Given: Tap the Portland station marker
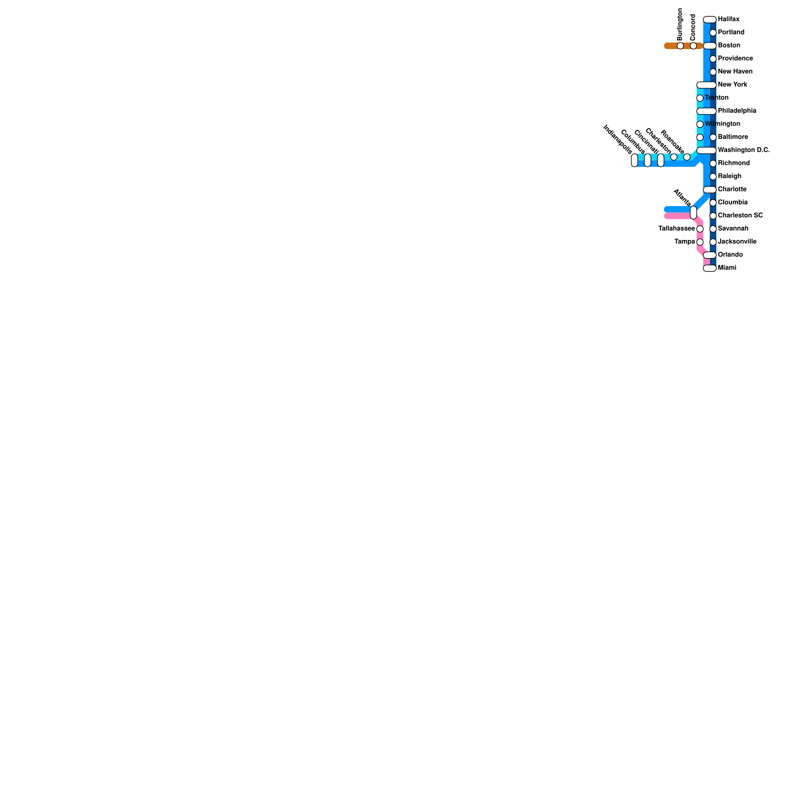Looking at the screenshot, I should tap(713, 33).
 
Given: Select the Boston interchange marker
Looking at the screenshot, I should tap(709, 46).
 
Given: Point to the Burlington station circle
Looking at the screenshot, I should tap(680, 46).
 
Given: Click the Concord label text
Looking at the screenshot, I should tap(693, 27).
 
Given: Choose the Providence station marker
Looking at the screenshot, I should tap(713, 59).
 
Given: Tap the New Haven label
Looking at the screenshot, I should tap(735, 72).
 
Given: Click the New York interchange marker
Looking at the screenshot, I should tap(706, 85).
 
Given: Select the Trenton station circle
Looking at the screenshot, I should tap(700, 98).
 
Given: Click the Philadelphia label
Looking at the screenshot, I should tap(737, 111).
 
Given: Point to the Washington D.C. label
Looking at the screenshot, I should tap(744, 150).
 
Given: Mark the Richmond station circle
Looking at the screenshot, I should tap(713, 163).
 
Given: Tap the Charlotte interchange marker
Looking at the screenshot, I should tap(709, 190).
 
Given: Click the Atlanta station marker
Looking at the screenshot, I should tap(693, 212).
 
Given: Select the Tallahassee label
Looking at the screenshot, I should tap(677, 229).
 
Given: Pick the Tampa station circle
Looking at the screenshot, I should tap(700, 242).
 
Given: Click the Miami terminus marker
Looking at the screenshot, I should tap(709, 268).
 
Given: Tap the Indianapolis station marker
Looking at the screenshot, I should tap(634, 160).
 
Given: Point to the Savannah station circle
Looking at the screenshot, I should tap(713, 229).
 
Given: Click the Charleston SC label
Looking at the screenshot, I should tap(740, 215).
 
